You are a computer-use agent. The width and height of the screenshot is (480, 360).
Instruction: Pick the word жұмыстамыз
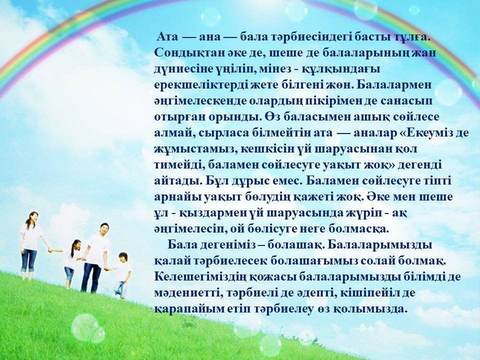pyautogui.click(x=195, y=149)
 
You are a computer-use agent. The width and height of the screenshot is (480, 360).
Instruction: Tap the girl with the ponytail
pyautogui.click(x=72, y=264)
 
